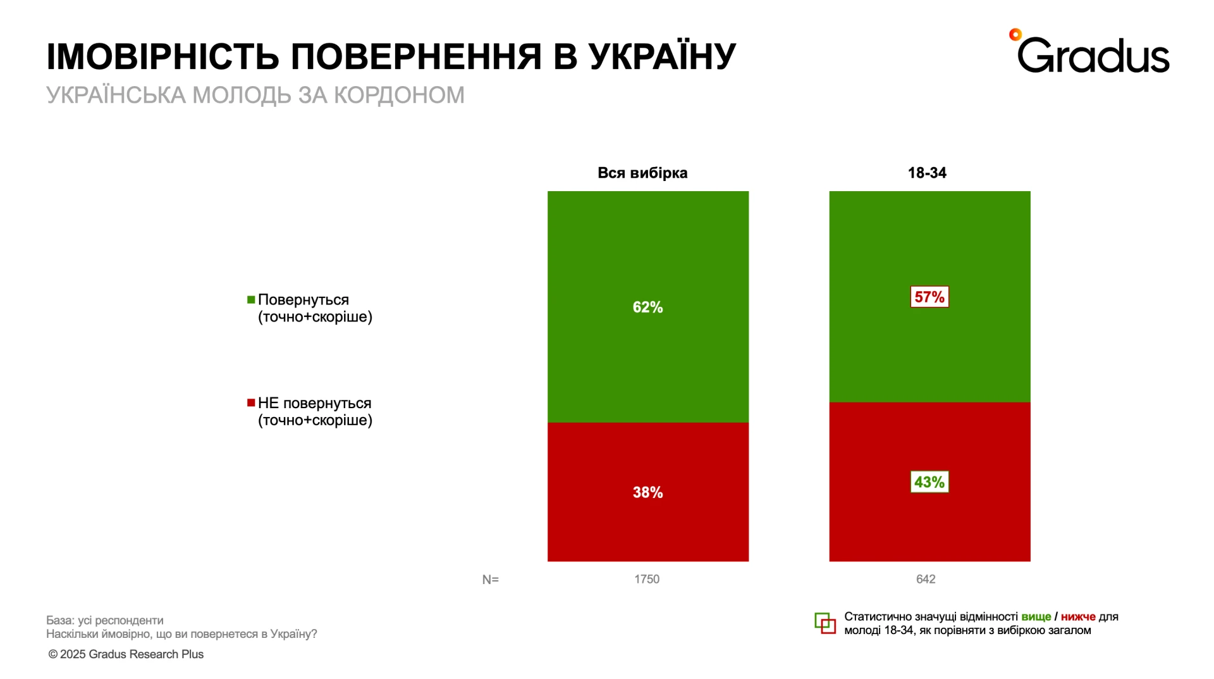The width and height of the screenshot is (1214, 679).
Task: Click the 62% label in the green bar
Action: (x=647, y=308)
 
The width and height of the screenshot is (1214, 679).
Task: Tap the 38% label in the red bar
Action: (x=647, y=492)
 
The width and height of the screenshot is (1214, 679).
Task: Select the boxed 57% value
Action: (x=929, y=297)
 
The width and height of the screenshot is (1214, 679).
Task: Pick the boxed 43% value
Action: (x=929, y=482)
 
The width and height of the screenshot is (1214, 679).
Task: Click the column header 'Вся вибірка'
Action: (x=642, y=173)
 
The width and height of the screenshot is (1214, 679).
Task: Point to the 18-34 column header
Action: (x=927, y=173)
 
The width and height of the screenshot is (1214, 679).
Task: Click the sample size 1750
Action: (x=647, y=579)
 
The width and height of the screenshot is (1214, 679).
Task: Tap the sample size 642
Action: (x=926, y=579)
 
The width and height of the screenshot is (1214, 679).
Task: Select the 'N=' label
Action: (x=490, y=580)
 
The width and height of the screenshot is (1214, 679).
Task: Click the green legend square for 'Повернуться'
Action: (x=251, y=299)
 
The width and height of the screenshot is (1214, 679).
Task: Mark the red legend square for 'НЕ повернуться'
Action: (x=251, y=403)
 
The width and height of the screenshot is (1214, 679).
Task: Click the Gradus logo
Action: (x=1093, y=54)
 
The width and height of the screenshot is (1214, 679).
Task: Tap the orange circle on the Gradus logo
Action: (x=1015, y=35)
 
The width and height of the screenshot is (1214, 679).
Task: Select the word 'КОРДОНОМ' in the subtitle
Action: (x=399, y=96)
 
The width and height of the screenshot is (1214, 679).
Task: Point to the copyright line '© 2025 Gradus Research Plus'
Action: (x=126, y=654)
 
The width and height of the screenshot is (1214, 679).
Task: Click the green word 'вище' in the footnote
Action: (x=1036, y=617)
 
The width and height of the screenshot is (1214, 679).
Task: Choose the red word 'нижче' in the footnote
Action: (x=1078, y=617)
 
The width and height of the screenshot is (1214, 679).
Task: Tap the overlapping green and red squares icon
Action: (x=825, y=623)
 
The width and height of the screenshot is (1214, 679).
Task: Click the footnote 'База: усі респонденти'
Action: (x=105, y=620)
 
